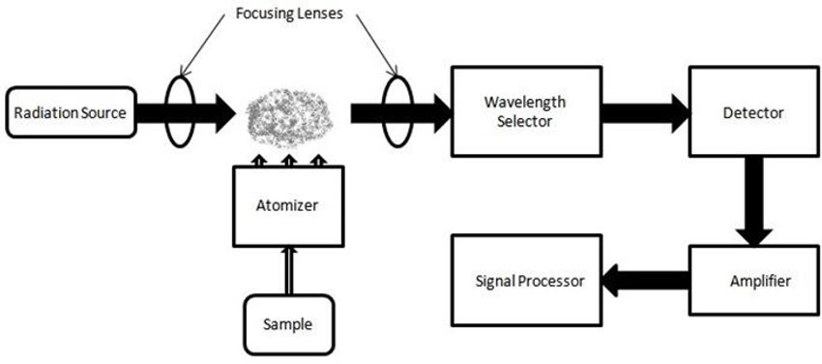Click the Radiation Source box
(69, 113)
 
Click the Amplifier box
(751, 282)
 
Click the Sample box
(286, 323)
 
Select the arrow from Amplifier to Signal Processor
(644, 282)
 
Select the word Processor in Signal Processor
(553, 282)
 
